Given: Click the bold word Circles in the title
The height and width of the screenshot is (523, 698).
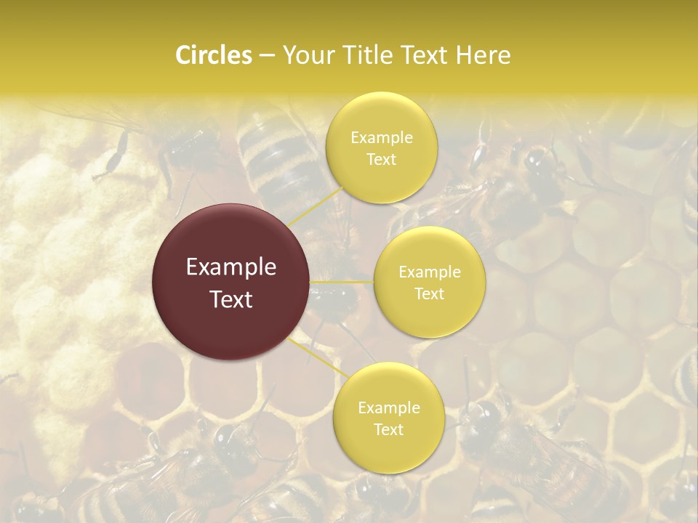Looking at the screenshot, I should coord(213,55).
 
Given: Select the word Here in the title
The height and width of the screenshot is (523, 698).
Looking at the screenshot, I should coord(483,55).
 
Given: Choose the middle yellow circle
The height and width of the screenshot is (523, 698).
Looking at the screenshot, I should coord(430,312).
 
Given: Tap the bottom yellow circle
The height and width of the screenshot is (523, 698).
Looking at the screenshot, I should coord(388,450).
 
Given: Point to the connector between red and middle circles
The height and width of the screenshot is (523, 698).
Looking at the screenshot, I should coord(342,282).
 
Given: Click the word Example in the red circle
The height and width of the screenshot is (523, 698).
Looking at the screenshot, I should coord(231,267).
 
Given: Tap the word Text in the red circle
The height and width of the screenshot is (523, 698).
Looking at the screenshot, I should coord(231,299).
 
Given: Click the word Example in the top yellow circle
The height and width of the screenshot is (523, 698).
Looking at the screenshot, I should coord(382,137).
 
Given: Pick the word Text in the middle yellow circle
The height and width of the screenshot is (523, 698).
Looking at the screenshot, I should coord(430,293).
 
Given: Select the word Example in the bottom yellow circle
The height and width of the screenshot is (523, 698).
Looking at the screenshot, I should coord(388,408).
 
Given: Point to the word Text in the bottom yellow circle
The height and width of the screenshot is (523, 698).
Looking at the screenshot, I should coord(388,429).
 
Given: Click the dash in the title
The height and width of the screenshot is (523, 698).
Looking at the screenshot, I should coord(267,55).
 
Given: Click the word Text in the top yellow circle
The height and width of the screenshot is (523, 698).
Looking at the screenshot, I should coord(382,159).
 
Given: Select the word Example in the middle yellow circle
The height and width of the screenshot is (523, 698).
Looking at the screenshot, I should coord(430,272).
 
